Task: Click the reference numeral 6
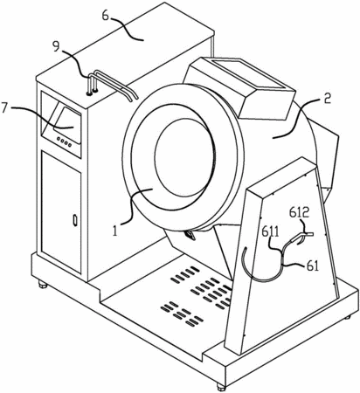(107, 17)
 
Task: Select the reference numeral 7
(4, 109)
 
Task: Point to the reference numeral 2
(328, 100)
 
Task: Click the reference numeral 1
(115, 231)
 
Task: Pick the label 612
(299, 212)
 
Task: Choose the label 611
(270, 233)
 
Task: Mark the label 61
(312, 266)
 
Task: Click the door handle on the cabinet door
(75, 220)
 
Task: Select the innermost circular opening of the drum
(184, 157)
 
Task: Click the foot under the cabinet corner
(43, 284)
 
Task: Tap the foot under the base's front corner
(221, 387)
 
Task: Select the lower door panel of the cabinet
(61, 212)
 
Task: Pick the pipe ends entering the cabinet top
(92, 93)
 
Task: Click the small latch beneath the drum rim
(190, 234)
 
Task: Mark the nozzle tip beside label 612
(309, 234)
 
